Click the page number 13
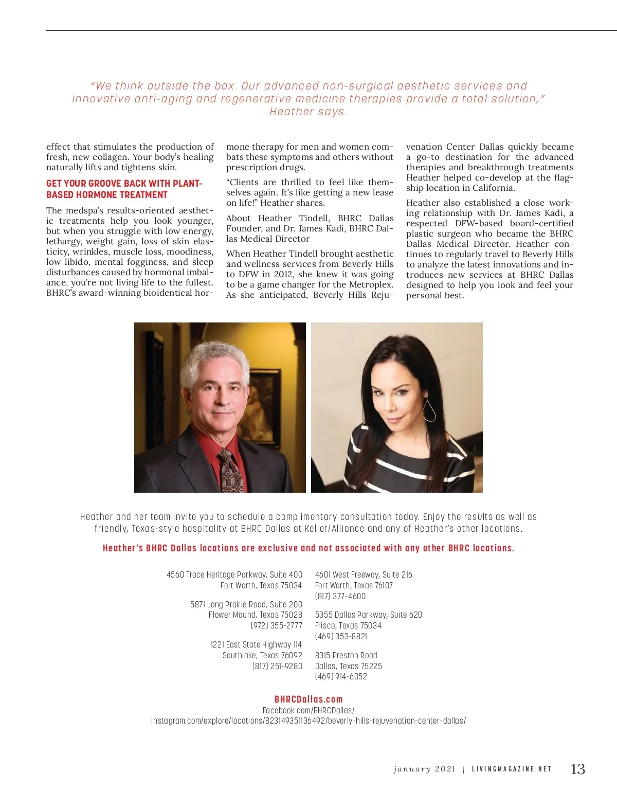coord(578,769)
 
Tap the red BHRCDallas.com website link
coord(308,699)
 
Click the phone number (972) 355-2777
coord(277,625)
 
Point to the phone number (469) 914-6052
coord(341,676)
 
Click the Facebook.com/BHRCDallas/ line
coord(308,710)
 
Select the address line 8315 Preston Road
coord(346,655)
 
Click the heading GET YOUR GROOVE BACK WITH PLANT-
coord(124,184)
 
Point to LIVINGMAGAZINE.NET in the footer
coord(512,769)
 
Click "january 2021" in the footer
coord(424,769)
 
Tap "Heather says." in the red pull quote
coord(308,112)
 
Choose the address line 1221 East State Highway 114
coord(256,644)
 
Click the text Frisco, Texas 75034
coord(348,625)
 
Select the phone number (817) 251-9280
coord(277,666)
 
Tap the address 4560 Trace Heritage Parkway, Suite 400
coord(234,574)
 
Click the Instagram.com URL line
coord(308,721)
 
